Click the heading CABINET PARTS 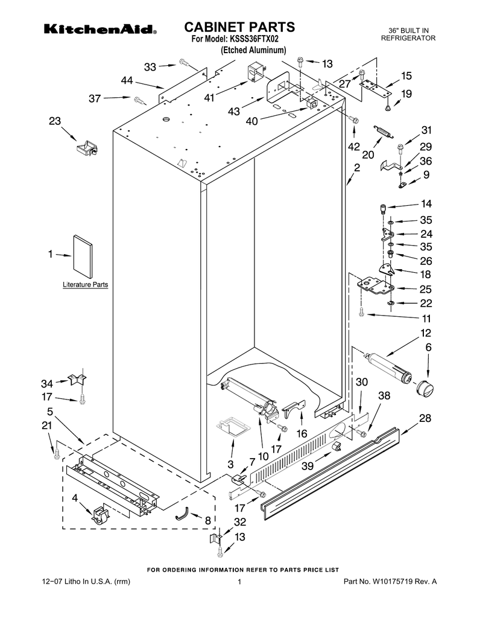coord(239,27)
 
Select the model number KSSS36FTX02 coord(253,39)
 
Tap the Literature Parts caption coord(86,284)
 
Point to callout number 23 coord(55,121)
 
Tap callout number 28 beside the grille coord(425,419)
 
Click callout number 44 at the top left coord(127,80)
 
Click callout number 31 coord(426,130)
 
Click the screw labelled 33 coord(184,62)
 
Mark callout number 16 coord(301,433)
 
